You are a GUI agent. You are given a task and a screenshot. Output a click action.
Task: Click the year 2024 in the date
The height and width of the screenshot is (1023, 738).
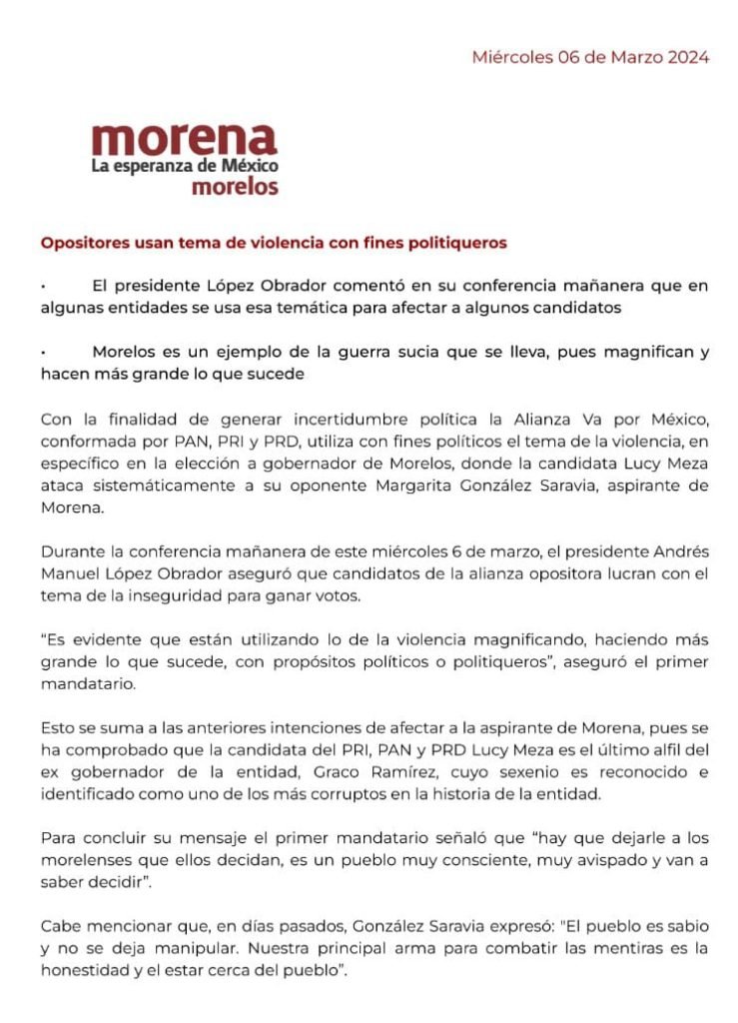[x=686, y=57]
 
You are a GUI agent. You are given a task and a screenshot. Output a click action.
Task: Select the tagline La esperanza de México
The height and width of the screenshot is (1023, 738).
[x=185, y=165]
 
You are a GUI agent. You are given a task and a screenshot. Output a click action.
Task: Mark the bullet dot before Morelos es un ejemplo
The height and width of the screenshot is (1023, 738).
[x=43, y=352]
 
